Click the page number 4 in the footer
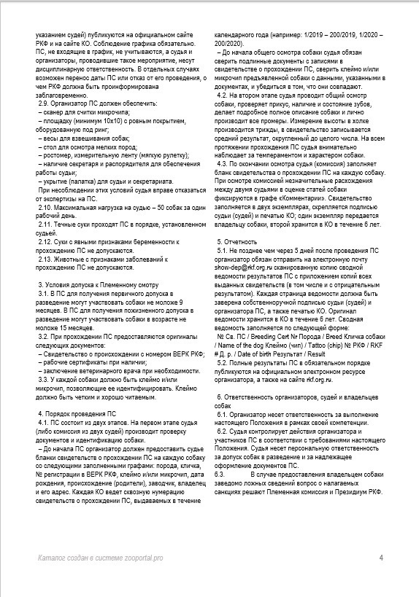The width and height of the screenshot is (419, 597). click(x=381, y=558)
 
